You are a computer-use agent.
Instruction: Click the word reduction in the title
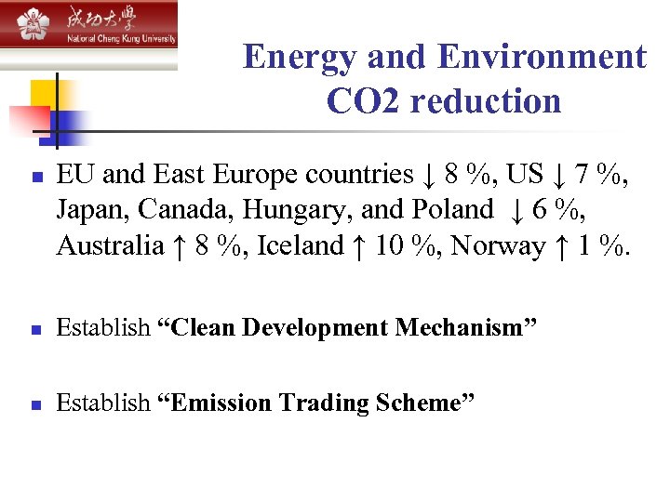point(486,100)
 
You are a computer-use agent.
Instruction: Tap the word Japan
point(85,211)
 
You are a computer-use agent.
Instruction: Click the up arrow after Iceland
point(359,247)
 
